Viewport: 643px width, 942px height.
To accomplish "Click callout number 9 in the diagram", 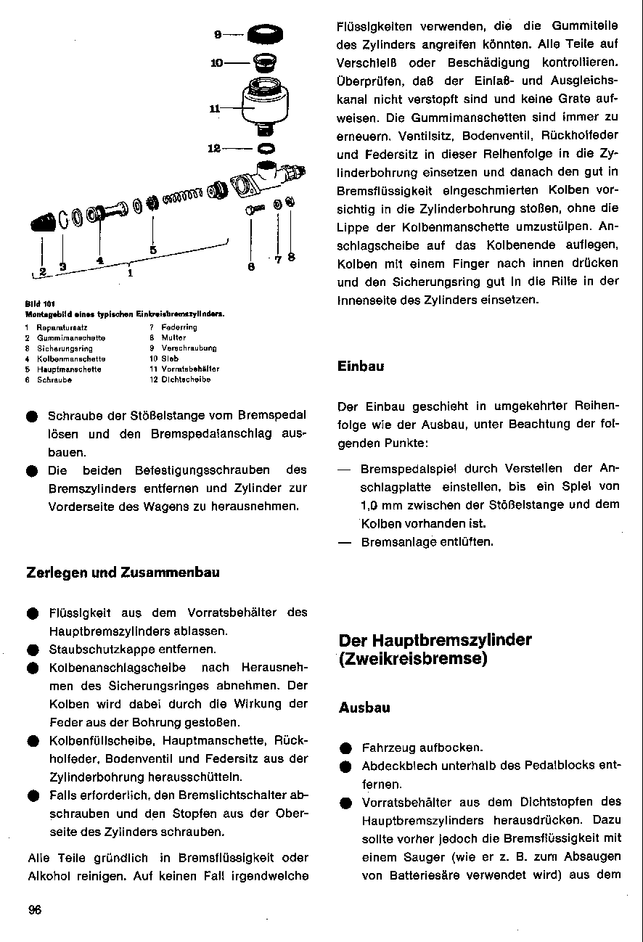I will tap(217, 33).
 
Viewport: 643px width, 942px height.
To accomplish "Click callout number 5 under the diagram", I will tap(153, 250).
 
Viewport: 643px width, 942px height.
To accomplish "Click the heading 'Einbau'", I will tap(361, 366).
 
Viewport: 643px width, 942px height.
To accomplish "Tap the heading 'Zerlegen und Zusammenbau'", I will tap(123, 573).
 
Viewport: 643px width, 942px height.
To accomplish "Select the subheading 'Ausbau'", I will tap(364, 708).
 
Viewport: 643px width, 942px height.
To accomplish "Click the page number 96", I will tap(34, 911).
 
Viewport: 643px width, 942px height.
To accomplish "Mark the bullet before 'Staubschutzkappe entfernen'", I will tap(33, 650).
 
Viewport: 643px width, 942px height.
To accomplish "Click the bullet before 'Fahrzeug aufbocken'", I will tap(345, 748).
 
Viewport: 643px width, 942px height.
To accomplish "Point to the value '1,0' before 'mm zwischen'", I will tap(372, 504).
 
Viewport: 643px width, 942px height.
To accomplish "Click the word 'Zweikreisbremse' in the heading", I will tap(413, 659).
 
